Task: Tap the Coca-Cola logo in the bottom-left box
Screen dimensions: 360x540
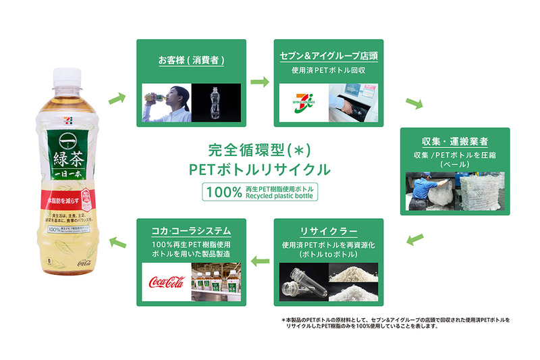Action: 166,281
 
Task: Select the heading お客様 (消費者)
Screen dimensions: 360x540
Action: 191,60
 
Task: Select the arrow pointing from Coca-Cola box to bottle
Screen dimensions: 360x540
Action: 117,242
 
